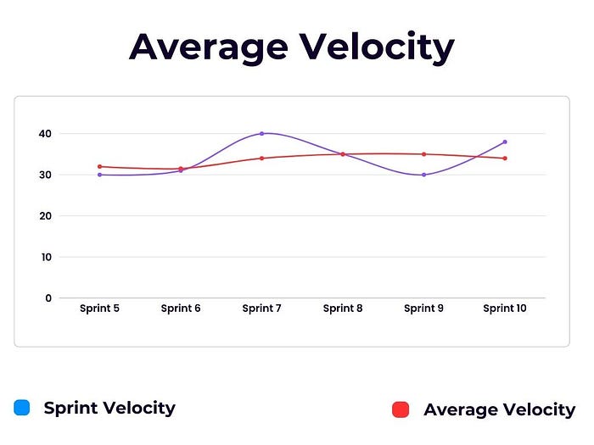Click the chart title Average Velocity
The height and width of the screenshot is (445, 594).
coord(291,47)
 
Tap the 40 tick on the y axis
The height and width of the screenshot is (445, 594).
coord(44,134)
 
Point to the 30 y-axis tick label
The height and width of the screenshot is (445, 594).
coord(44,175)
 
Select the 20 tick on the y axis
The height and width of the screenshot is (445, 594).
coord(44,216)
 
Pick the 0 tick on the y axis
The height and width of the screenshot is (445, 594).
coord(48,298)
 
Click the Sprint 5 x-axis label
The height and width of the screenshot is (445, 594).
coord(99,309)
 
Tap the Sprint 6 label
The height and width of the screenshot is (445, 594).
coord(181,309)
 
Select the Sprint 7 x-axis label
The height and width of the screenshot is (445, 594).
coord(261,309)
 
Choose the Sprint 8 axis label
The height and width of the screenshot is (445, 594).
coord(343,309)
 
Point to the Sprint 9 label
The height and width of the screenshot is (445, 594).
coord(423,309)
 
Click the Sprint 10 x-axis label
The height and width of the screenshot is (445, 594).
coord(505,309)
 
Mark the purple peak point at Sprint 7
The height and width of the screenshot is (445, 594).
coord(261,133)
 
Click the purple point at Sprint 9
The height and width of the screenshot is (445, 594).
coord(423,175)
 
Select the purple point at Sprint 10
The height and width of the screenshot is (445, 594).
coord(505,142)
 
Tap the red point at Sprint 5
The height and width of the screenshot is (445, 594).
coord(99,166)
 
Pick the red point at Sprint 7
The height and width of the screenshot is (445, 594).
coord(261,159)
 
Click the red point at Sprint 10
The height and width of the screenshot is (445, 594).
coord(505,159)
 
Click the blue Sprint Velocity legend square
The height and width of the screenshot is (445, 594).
coord(22,408)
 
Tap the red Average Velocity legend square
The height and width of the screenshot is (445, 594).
coord(401,410)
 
